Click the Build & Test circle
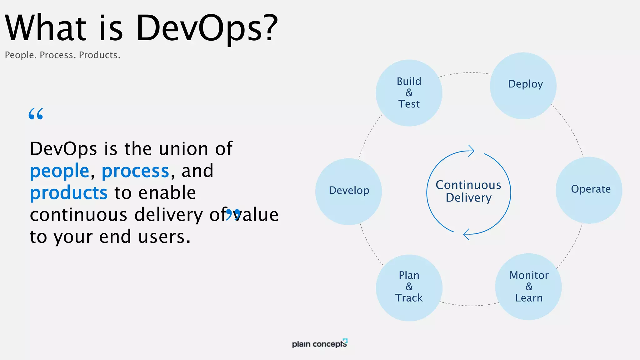pos(409,93)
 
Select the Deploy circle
pos(523,86)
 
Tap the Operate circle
pos(589,190)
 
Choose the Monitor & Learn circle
pos(528,287)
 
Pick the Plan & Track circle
pos(409,288)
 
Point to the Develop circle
pos(348,191)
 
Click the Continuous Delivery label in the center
pos(468,191)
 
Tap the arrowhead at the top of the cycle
pos(471,151)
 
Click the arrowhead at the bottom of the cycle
pos(467,234)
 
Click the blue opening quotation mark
pos(36,114)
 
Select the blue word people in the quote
pos(60,171)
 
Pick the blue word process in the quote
pos(135,171)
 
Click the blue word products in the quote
pos(69,193)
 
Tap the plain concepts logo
pos(319,343)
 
